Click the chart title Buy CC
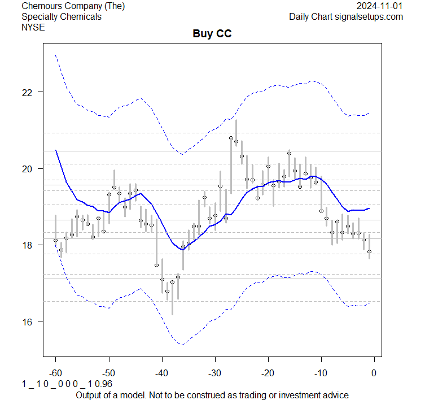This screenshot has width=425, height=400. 212,34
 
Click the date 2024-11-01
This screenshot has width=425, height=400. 380,6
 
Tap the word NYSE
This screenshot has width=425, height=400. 33,27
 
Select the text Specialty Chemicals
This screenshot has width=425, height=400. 62,16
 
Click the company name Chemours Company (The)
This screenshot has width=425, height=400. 73,6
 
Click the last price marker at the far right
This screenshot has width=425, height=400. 369,252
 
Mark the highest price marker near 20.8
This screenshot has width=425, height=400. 231,138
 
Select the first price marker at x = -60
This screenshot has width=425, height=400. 55,240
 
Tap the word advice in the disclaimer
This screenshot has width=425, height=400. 335,394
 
